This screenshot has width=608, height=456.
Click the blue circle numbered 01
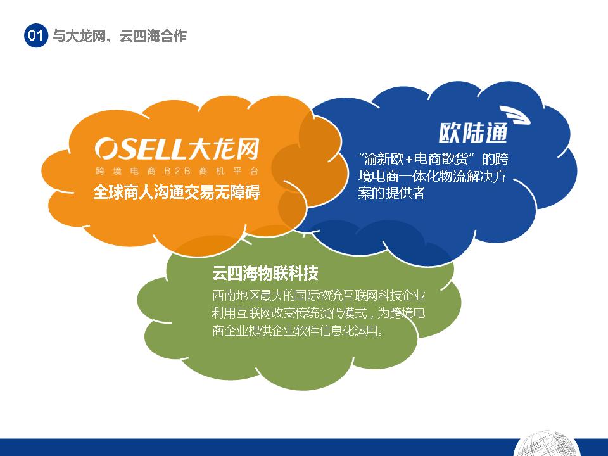(x=35, y=35)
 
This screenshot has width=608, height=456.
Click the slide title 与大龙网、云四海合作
(x=120, y=36)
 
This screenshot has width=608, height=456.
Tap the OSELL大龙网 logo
(x=177, y=148)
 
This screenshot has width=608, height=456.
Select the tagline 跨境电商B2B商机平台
(x=177, y=171)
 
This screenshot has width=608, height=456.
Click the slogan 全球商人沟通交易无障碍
(x=177, y=192)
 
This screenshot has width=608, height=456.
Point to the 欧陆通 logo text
(x=473, y=133)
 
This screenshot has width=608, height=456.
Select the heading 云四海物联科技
(x=265, y=273)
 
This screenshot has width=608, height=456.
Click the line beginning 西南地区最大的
(x=319, y=296)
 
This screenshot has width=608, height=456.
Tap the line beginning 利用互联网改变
(x=319, y=313)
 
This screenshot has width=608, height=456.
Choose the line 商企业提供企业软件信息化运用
(x=298, y=331)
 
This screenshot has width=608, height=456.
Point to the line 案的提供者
(x=391, y=193)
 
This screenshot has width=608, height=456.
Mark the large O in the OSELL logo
(x=106, y=148)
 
